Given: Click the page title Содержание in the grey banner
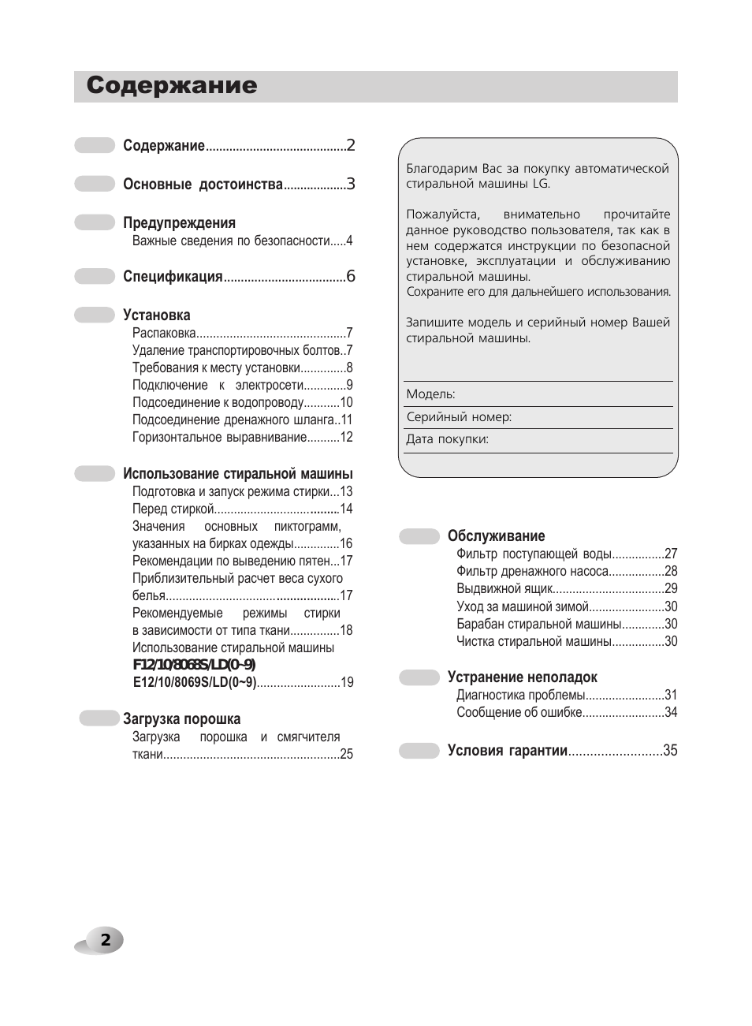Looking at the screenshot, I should point(172,86).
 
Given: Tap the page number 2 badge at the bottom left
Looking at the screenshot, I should point(106,940).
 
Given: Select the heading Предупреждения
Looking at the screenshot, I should point(179,223).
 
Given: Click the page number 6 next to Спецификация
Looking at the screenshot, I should point(351,276).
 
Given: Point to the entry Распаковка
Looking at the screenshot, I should point(164,333).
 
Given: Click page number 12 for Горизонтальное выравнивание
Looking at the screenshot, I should point(346,437).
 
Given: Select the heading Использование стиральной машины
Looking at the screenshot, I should point(237,474).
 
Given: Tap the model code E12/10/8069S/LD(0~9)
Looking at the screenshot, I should point(195,682).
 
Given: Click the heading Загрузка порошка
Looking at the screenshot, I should point(181,719).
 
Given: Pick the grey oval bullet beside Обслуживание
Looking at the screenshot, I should point(419,536).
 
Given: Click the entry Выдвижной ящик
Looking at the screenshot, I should point(504,588).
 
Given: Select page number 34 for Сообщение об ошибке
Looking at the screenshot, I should point(671,712).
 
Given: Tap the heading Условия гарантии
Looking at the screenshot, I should point(508,751).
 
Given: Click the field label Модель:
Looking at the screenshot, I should point(430,394).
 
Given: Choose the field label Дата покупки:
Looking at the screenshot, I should point(447,439).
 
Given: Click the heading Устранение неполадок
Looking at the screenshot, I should point(522,677).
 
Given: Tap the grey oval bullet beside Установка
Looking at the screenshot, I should point(95,315).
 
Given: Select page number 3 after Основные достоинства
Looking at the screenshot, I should point(351,185).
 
